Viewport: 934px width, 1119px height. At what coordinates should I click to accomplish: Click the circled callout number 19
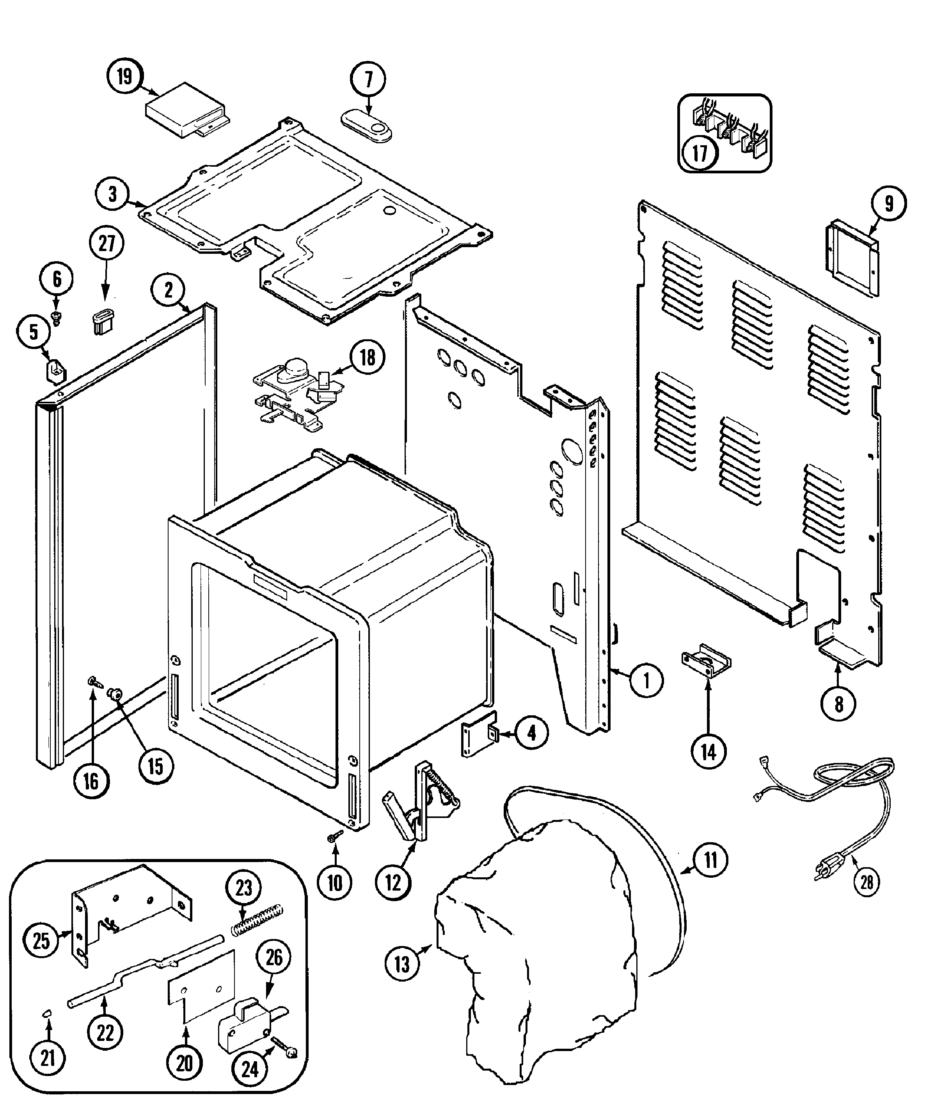(x=124, y=77)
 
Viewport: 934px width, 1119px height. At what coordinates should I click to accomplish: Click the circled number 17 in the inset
(x=700, y=153)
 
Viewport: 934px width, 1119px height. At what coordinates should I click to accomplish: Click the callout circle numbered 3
(x=112, y=194)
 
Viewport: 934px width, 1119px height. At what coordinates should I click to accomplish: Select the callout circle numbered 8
(x=839, y=704)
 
